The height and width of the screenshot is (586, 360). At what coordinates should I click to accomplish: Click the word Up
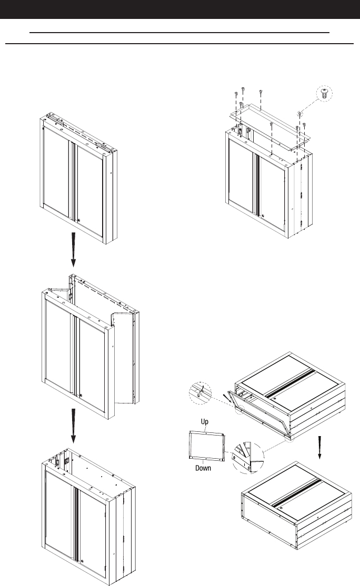(x=205, y=422)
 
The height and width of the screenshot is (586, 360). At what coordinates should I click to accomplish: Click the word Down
(x=203, y=468)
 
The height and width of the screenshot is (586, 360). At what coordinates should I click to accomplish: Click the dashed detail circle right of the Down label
(x=247, y=458)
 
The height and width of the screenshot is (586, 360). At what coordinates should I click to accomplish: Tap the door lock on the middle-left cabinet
(x=81, y=396)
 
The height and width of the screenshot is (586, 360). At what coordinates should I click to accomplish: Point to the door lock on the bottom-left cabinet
(x=82, y=561)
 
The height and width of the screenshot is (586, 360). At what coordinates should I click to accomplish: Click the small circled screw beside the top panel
(x=299, y=114)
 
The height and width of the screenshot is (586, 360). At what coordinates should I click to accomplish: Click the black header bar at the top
(x=180, y=9)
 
